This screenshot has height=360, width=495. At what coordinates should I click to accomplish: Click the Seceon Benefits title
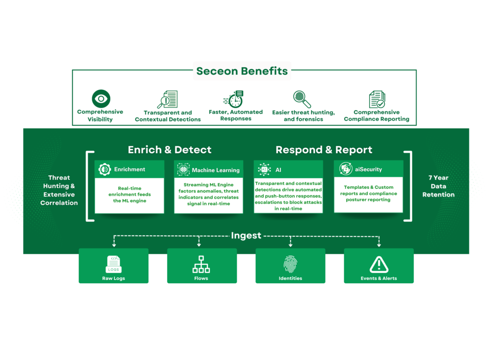(242, 72)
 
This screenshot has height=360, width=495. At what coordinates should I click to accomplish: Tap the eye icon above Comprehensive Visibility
(101, 99)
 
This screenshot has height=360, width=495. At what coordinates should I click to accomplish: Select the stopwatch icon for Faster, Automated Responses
(235, 99)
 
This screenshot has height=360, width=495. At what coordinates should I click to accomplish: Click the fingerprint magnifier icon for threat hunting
(303, 99)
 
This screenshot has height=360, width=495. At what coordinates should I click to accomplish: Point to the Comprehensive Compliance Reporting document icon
(377, 100)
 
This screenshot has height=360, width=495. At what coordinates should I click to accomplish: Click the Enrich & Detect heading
(169, 150)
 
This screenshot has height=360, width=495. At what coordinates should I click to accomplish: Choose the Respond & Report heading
(324, 150)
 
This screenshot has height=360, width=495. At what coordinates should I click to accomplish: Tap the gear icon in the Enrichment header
(104, 169)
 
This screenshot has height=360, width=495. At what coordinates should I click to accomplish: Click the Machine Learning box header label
(216, 170)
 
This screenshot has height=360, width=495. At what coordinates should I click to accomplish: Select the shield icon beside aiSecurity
(346, 169)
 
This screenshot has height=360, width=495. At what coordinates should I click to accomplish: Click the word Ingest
(246, 236)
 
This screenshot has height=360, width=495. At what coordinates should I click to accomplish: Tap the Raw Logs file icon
(114, 264)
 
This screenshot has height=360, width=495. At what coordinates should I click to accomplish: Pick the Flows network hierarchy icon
(201, 264)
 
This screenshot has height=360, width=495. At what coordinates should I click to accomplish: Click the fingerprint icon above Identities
(290, 264)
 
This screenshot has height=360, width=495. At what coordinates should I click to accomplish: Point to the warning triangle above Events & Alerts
(379, 264)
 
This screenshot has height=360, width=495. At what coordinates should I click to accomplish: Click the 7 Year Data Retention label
(438, 186)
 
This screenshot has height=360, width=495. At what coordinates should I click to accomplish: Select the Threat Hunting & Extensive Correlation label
(59, 190)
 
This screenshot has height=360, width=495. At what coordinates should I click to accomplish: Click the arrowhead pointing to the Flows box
(199, 245)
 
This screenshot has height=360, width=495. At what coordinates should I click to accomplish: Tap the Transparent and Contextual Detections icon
(167, 100)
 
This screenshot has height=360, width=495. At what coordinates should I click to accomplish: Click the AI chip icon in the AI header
(264, 169)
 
